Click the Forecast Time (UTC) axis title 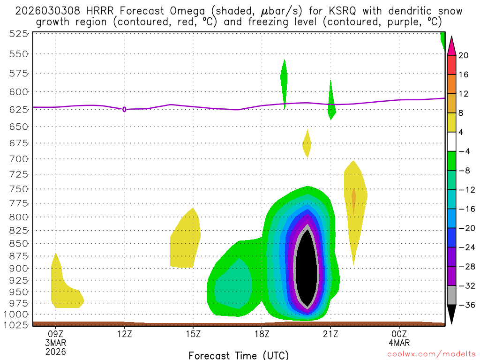(239, 355)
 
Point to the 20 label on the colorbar (464, 55)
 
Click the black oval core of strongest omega (307, 267)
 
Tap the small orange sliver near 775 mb (354, 197)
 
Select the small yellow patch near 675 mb (307, 144)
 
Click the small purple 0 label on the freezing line (124, 109)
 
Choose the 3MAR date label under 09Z (56, 343)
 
